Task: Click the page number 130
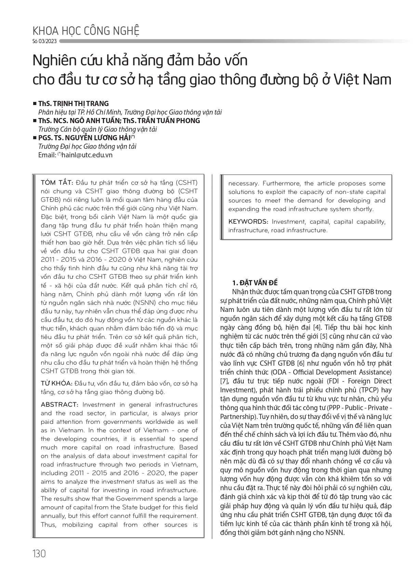coord(39,553)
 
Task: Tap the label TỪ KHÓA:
coord(56,383)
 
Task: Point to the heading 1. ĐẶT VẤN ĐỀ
coord(255,283)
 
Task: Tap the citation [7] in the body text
coord(225,381)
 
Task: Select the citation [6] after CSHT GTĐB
coord(303,363)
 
